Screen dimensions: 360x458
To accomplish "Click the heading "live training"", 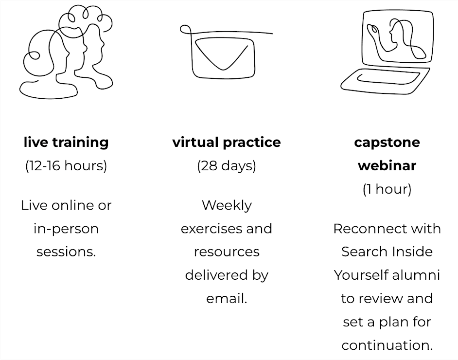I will click(66, 142).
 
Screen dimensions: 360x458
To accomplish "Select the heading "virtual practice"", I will click(227, 142).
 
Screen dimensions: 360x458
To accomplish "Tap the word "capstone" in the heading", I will click(387, 142).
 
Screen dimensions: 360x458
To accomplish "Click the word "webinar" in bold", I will click(387, 165).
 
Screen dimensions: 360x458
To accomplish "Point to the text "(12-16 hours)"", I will click(66, 165).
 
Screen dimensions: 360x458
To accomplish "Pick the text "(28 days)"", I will click(227, 165).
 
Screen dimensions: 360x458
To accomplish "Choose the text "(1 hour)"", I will click(387, 189).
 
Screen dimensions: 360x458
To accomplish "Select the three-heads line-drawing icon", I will click(68, 51).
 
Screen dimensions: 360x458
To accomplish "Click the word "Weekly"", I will click(227, 205).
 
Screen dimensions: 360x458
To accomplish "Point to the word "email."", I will click(227, 298).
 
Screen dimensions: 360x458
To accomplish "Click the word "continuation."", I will click(387, 345).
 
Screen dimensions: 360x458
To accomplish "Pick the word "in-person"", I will click(66, 228).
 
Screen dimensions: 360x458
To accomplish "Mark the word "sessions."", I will click(66, 252).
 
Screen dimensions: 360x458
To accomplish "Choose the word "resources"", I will click(227, 252).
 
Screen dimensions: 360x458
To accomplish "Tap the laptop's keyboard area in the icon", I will click(387, 78).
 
